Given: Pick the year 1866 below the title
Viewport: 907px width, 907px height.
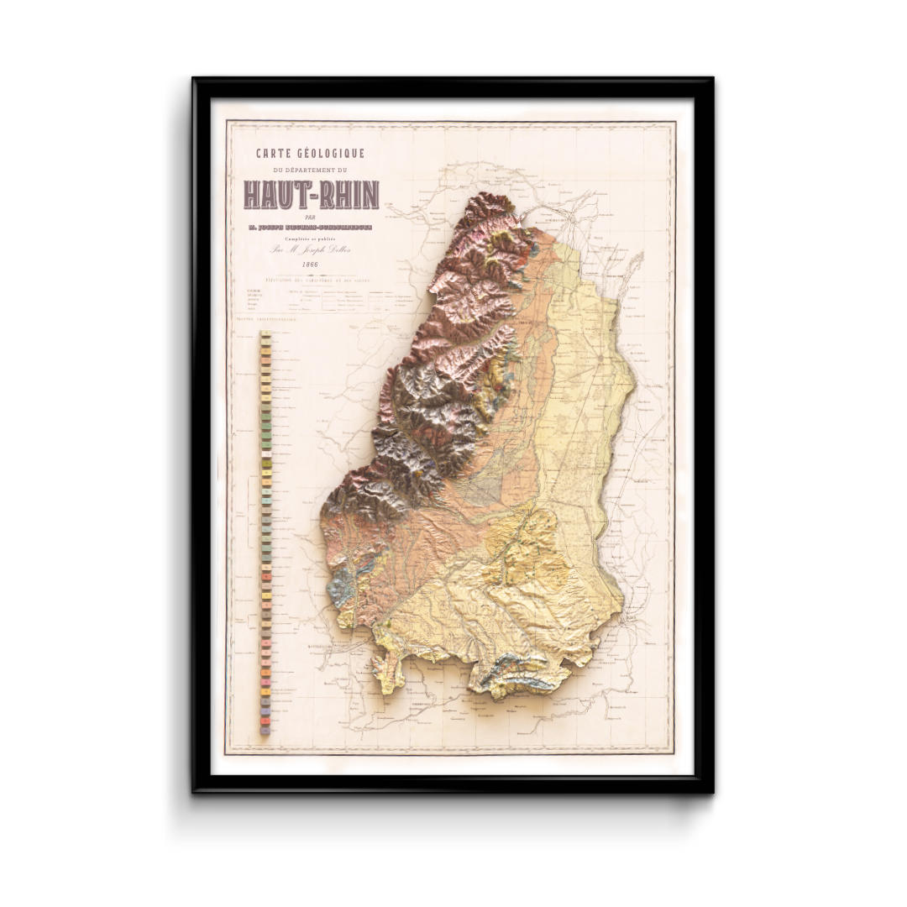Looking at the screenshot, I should (311, 265).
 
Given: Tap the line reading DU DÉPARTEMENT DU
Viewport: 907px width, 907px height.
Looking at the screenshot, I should (311, 170).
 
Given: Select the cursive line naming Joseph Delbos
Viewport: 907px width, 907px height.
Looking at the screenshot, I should (311, 250).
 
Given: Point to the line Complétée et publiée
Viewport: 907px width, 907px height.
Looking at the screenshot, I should (311, 238).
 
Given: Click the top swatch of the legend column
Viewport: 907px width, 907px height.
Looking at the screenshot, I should (265, 335).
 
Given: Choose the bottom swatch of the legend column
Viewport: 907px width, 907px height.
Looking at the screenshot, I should (265, 731).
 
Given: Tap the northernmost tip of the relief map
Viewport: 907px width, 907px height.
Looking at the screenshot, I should (487, 197).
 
